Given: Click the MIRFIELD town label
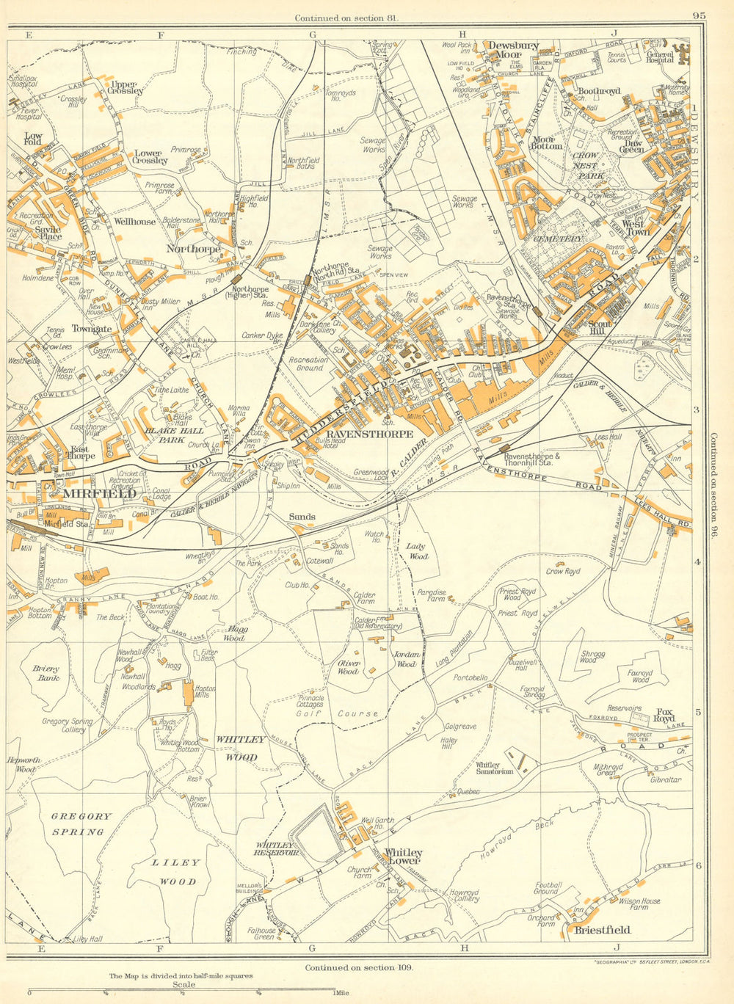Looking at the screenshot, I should pyautogui.click(x=100, y=494).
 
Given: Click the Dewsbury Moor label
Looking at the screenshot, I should pyautogui.click(x=514, y=50).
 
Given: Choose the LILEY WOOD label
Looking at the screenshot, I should pyautogui.click(x=174, y=872).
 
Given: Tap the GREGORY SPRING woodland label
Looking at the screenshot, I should pyautogui.click(x=81, y=823).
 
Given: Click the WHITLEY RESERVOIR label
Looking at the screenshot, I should pyautogui.click(x=276, y=849).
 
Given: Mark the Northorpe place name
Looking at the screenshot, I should pyautogui.click(x=194, y=249).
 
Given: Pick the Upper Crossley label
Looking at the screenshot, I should pyautogui.click(x=126, y=87).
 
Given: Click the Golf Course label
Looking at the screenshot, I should pyautogui.click(x=338, y=713).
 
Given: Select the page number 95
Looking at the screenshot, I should pyautogui.click(x=698, y=16).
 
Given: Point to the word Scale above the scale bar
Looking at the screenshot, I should pyautogui.click(x=182, y=984).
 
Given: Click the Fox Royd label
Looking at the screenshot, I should pyautogui.click(x=664, y=716).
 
